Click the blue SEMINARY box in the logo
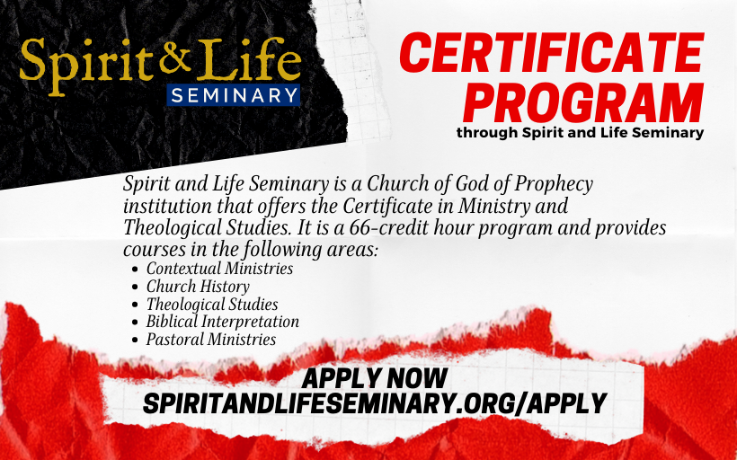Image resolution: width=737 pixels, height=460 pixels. click(233, 95)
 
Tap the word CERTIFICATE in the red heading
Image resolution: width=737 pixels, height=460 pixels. click(551, 53)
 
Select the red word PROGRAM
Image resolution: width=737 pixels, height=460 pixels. click(582, 102)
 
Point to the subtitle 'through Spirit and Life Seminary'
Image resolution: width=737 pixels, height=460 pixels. click(580, 132)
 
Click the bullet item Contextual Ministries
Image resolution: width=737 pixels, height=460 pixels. click(219, 269)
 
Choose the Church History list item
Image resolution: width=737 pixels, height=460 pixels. click(198, 286)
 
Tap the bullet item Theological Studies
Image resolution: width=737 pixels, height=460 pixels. click(212, 304)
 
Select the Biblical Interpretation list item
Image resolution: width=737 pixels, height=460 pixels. click(222, 322)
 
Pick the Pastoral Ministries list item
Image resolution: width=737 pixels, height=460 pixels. click(211, 340)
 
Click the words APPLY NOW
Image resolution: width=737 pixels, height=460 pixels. click(375, 378)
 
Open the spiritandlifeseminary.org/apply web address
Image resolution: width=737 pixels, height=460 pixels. click(375, 403)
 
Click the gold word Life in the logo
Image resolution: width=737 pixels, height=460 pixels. click(249, 58)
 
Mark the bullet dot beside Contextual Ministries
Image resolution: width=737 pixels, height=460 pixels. click(136, 270)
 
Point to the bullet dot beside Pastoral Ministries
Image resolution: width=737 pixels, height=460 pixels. click(136, 341)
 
